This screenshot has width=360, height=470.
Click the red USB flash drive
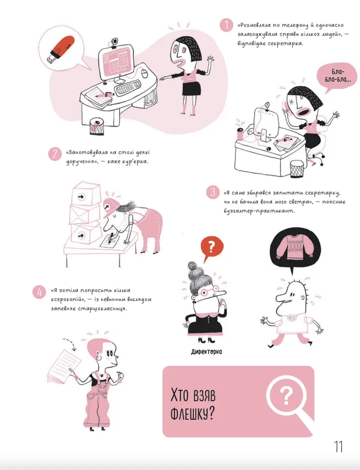click(61, 49)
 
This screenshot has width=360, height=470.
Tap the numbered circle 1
click(226, 25)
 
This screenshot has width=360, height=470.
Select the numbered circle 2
click(54, 154)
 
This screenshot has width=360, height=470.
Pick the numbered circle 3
click(213, 192)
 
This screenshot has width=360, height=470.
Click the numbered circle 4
click(40, 292)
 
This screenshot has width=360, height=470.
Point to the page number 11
click(339, 447)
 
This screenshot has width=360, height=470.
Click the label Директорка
click(206, 352)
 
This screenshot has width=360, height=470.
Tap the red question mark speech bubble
click(212, 247)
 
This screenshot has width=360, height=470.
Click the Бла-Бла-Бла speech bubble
click(338, 76)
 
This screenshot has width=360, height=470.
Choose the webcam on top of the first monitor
click(114, 43)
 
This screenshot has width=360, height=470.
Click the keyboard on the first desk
click(128, 87)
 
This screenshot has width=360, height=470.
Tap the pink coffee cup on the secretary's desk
click(240, 134)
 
